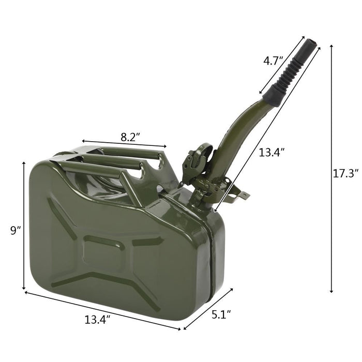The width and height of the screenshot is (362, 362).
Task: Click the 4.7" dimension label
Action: pyautogui.click(x=274, y=61)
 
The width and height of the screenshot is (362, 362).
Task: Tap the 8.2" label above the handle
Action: pyautogui.click(x=130, y=137)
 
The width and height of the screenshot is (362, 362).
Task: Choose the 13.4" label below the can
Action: pyautogui.click(x=97, y=320)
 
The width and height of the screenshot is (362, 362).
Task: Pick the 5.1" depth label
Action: pyautogui.click(x=221, y=313)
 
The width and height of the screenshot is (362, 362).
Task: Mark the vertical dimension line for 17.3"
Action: pyautogui.click(x=331, y=171)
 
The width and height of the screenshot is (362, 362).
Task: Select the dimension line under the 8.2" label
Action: pyautogui.click(x=124, y=144)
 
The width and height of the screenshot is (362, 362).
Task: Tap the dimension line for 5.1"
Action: pyautogui.click(x=208, y=308)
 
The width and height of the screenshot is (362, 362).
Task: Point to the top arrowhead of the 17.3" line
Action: pyautogui.click(x=331, y=47)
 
